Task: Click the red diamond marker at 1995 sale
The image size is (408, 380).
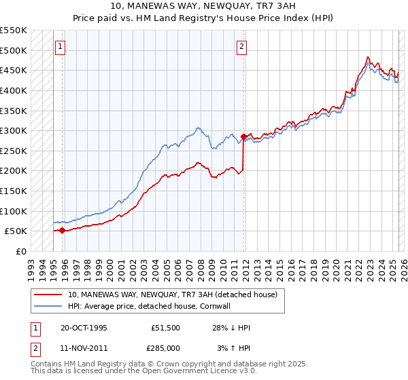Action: (62, 230)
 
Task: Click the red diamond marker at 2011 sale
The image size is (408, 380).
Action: (243, 136)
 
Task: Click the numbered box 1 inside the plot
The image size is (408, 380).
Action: (61, 47)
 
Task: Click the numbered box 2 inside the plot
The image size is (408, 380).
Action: (242, 47)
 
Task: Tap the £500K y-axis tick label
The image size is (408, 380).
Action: (14, 50)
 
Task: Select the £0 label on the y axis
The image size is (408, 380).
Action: (20, 251)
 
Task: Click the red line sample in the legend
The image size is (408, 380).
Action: (48, 295)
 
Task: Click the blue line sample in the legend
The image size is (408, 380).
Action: (48, 306)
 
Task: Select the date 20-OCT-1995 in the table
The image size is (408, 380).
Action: (84, 328)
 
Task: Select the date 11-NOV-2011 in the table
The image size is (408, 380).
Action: (84, 348)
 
